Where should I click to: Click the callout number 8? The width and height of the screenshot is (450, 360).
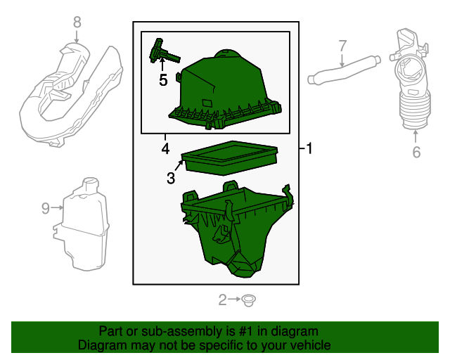coord(77,22)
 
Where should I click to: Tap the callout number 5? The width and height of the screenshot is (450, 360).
coord(163,80)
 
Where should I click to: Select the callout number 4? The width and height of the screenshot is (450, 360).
coord(165,148)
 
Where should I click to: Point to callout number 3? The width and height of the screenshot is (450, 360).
coord(171,178)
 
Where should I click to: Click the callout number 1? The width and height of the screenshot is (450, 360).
coord(309,148)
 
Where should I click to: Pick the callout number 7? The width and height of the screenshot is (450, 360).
coord(342,46)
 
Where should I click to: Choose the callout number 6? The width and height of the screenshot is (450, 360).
coord(416,152)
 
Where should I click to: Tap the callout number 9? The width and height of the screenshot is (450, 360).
coord(46,208)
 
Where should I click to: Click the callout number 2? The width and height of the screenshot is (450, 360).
coord(222,300)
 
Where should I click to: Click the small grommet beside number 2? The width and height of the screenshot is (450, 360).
coord(248,300)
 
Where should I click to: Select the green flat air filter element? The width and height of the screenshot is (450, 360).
coord(230,157)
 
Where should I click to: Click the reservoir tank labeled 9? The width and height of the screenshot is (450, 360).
coord(82,226)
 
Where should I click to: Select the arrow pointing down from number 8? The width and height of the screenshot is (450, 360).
coord(77,37)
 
